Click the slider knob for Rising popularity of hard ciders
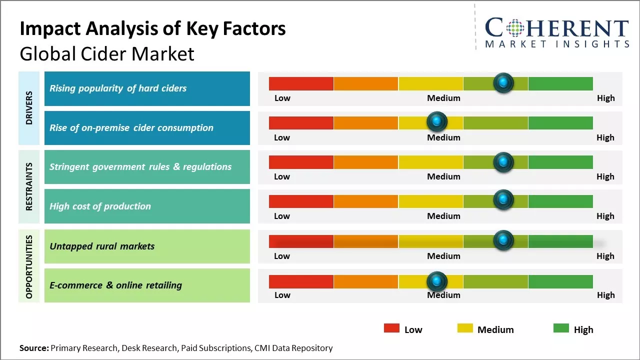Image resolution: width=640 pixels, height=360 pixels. (x=503, y=83)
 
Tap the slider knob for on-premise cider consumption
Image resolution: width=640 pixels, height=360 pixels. (x=437, y=122)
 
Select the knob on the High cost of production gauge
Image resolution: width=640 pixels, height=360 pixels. (x=503, y=200)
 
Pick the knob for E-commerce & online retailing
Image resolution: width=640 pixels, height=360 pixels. (x=437, y=281)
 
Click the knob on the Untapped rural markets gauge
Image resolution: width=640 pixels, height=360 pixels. (x=503, y=240)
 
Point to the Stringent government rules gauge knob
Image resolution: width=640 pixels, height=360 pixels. (x=503, y=161)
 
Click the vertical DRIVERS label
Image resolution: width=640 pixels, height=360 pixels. (x=29, y=108)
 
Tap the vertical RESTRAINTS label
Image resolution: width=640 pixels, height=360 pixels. (x=29, y=186)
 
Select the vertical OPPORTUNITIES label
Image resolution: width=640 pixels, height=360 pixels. (x=29, y=266)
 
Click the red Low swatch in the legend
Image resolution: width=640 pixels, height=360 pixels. (x=391, y=328)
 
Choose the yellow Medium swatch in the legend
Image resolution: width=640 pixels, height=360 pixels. (x=465, y=328)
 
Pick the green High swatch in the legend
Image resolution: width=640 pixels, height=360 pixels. (x=561, y=328)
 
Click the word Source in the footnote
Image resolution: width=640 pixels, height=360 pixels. (x=33, y=348)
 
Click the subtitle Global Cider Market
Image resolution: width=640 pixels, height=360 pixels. (x=106, y=53)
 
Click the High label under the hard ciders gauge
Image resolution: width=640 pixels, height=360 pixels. (x=605, y=98)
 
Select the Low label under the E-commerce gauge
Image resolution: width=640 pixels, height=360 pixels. (x=282, y=295)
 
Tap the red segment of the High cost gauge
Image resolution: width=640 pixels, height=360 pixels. (x=301, y=201)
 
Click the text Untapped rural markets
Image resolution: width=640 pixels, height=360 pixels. (x=102, y=246)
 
